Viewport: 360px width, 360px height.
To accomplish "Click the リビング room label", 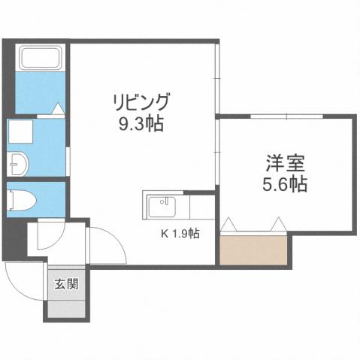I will [x=141, y=101].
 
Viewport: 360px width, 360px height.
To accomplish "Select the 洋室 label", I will [x=285, y=162].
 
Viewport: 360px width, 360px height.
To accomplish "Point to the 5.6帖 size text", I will [x=285, y=183].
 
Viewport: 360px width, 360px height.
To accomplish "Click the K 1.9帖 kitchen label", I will [x=180, y=233].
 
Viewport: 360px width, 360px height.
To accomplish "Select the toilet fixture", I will [x=21, y=199].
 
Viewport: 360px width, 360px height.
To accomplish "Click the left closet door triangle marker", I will [x=229, y=224].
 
